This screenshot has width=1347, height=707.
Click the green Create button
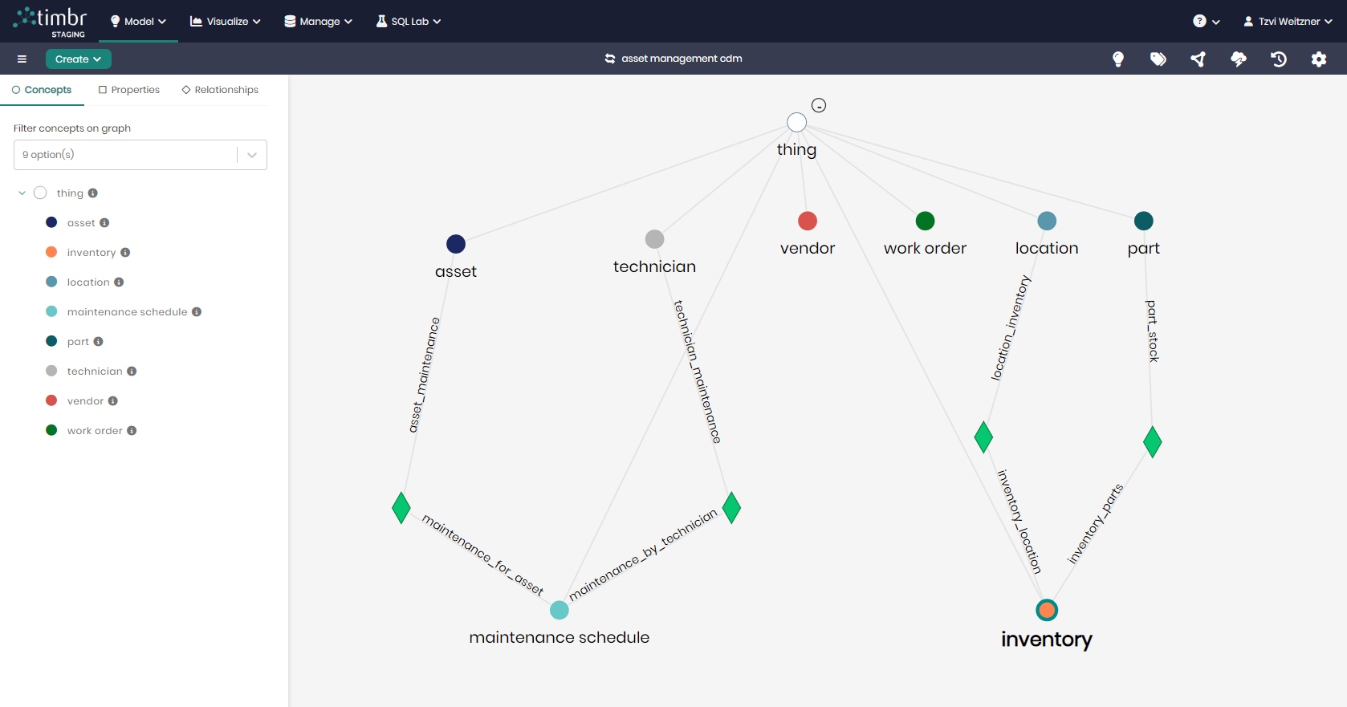[78, 59]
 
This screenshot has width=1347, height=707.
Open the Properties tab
[128, 90]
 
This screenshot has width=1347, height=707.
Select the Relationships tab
[220, 90]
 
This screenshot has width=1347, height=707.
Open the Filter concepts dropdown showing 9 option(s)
[140, 155]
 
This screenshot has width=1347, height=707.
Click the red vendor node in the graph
[807, 221]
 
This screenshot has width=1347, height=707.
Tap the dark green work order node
[925, 221]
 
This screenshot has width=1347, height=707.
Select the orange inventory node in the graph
[1047, 610]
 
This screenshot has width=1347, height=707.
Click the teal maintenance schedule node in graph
[560, 610]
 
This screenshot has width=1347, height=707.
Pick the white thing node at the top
[797, 123]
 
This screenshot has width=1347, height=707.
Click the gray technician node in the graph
[654, 239]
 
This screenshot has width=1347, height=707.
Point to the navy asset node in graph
[456, 244]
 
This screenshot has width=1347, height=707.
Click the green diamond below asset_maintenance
[401, 508]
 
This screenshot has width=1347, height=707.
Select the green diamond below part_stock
[1152, 442]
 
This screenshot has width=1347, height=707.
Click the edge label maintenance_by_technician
[643, 555]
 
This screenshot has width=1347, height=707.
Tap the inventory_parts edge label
[1095, 524]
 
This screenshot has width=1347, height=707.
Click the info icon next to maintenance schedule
[197, 312]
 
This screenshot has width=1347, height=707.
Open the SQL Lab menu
[409, 22]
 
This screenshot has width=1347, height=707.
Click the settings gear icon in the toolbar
[1319, 59]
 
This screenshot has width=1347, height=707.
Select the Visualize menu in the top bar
[226, 22]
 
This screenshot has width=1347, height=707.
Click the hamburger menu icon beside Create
[22, 59]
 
